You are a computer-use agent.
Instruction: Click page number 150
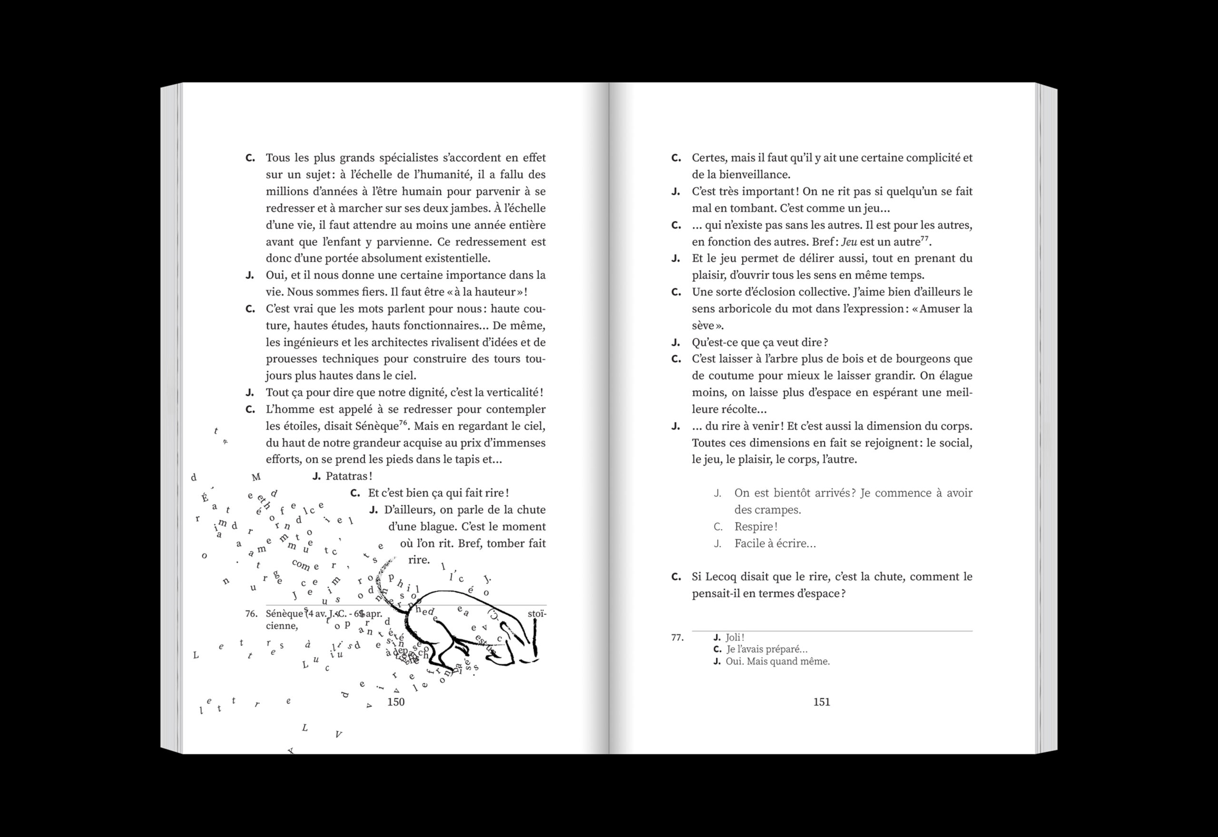[395, 701]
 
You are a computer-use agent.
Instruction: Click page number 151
[822, 701]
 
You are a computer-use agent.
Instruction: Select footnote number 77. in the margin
[677, 638]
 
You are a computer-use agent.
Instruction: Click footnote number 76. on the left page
[251, 613]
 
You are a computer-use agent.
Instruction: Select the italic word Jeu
[849, 242]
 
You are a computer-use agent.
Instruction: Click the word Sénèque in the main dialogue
[375, 426]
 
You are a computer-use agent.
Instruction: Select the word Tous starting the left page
[277, 158]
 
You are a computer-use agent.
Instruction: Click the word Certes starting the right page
[708, 158]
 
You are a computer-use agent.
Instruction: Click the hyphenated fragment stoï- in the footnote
[537, 613]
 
